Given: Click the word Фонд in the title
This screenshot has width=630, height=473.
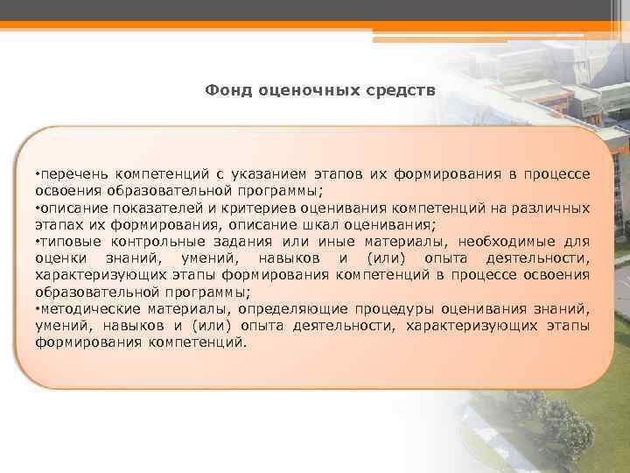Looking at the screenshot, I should [x=225, y=89].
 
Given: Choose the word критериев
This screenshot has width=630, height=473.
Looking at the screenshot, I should [x=262, y=208].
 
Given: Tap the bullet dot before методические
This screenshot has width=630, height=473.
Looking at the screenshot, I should [x=38, y=308].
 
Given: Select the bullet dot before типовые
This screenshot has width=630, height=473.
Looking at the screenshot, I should [x=38, y=241].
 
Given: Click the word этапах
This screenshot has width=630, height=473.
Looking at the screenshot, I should [x=58, y=224].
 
